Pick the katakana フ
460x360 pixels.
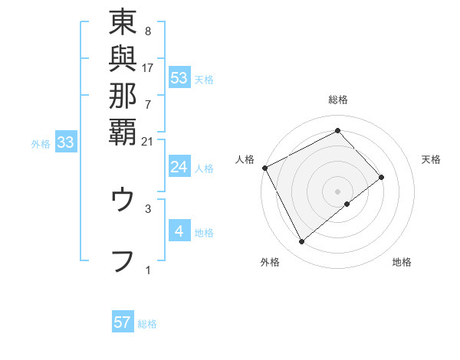click(x=123, y=260)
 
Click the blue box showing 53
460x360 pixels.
click(x=179, y=77)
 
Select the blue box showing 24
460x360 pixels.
click(x=179, y=167)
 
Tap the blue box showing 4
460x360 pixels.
click(x=179, y=231)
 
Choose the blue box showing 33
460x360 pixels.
click(x=66, y=142)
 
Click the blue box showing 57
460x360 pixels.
click(x=123, y=322)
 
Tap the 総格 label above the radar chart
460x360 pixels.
click(x=337, y=100)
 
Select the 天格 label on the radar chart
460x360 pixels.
click(x=431, y=159)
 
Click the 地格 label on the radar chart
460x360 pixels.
click(x=402, y=262)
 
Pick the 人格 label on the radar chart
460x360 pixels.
click(x=245, y=159)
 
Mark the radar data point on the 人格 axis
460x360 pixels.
click(x=264, y=167)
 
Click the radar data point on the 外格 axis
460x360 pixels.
click(x=301, y=242)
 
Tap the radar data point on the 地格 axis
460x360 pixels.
click(x=347, y=204)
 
